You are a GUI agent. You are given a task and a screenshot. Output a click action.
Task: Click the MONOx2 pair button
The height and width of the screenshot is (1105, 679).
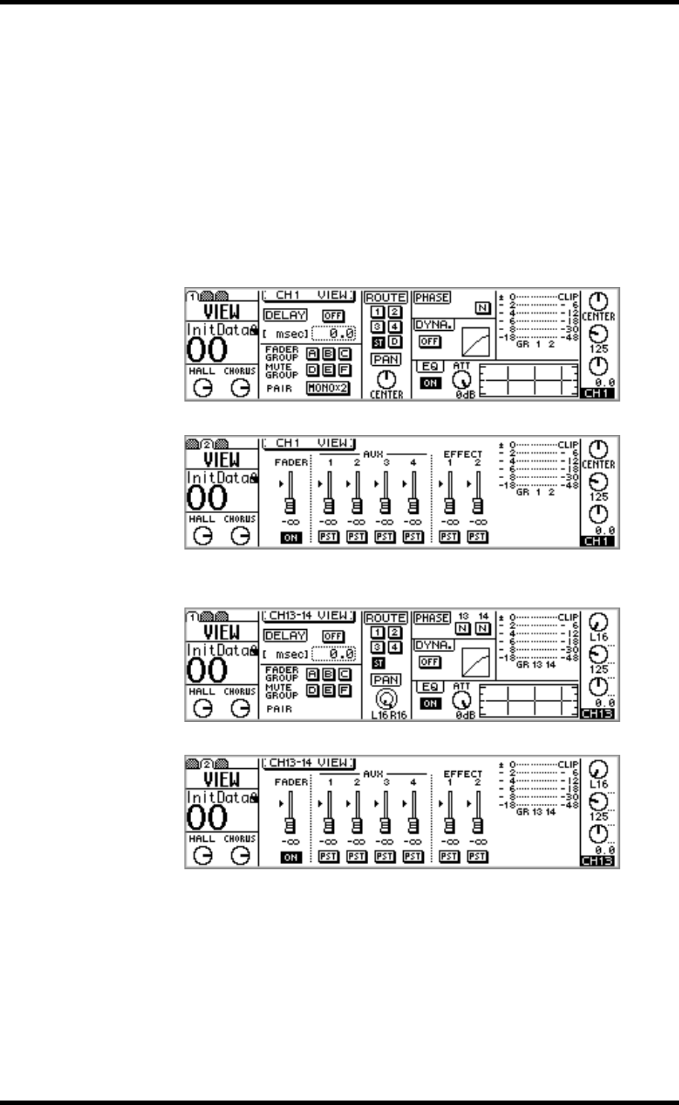click(329, 388)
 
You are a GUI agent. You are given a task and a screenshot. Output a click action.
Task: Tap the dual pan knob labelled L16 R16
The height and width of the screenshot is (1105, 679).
click(385, 697)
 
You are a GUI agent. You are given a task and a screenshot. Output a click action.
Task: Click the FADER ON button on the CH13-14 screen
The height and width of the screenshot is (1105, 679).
click(290, 855)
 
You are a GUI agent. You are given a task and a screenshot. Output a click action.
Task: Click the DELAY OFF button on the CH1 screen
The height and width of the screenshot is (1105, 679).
click(332, 315)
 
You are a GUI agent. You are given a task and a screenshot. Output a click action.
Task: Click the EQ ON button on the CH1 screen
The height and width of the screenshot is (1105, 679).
click(428, 382)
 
